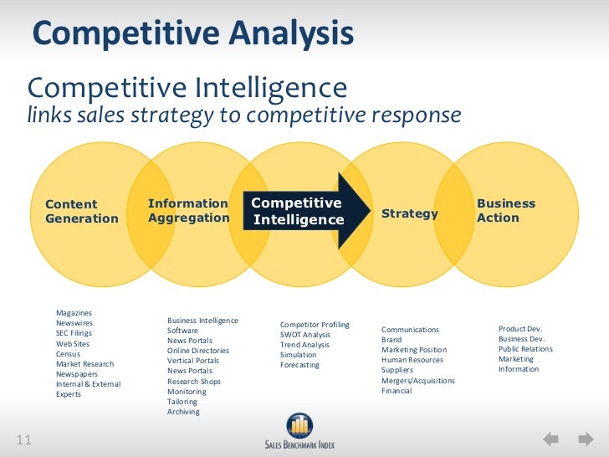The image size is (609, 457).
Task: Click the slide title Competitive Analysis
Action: tap(192, 35)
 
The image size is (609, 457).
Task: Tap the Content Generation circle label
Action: tap(82, 211)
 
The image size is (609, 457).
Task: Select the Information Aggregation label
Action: tap(188, 210)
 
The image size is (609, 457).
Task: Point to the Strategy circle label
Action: tap(410, 213)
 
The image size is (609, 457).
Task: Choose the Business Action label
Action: tap(505, 211)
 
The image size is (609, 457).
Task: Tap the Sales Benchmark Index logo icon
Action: tap(299, 424)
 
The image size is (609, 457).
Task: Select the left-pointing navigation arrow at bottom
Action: tap(551, 439)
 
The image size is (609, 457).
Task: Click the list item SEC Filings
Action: tap(74, 333)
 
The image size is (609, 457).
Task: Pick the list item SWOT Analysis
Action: tap(305, 335)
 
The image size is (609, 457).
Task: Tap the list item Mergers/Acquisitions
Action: tap(418, 381)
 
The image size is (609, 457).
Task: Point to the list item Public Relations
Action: tap(525, 349)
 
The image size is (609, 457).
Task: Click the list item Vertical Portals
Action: tap(193, 361)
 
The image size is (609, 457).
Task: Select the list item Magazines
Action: tap(74, 313)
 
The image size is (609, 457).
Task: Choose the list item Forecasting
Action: tap(299, 365)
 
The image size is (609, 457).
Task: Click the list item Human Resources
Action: tap(412, 360)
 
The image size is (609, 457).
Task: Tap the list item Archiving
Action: tap(183, 412)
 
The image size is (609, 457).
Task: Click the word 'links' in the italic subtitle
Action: tap(49, 115)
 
